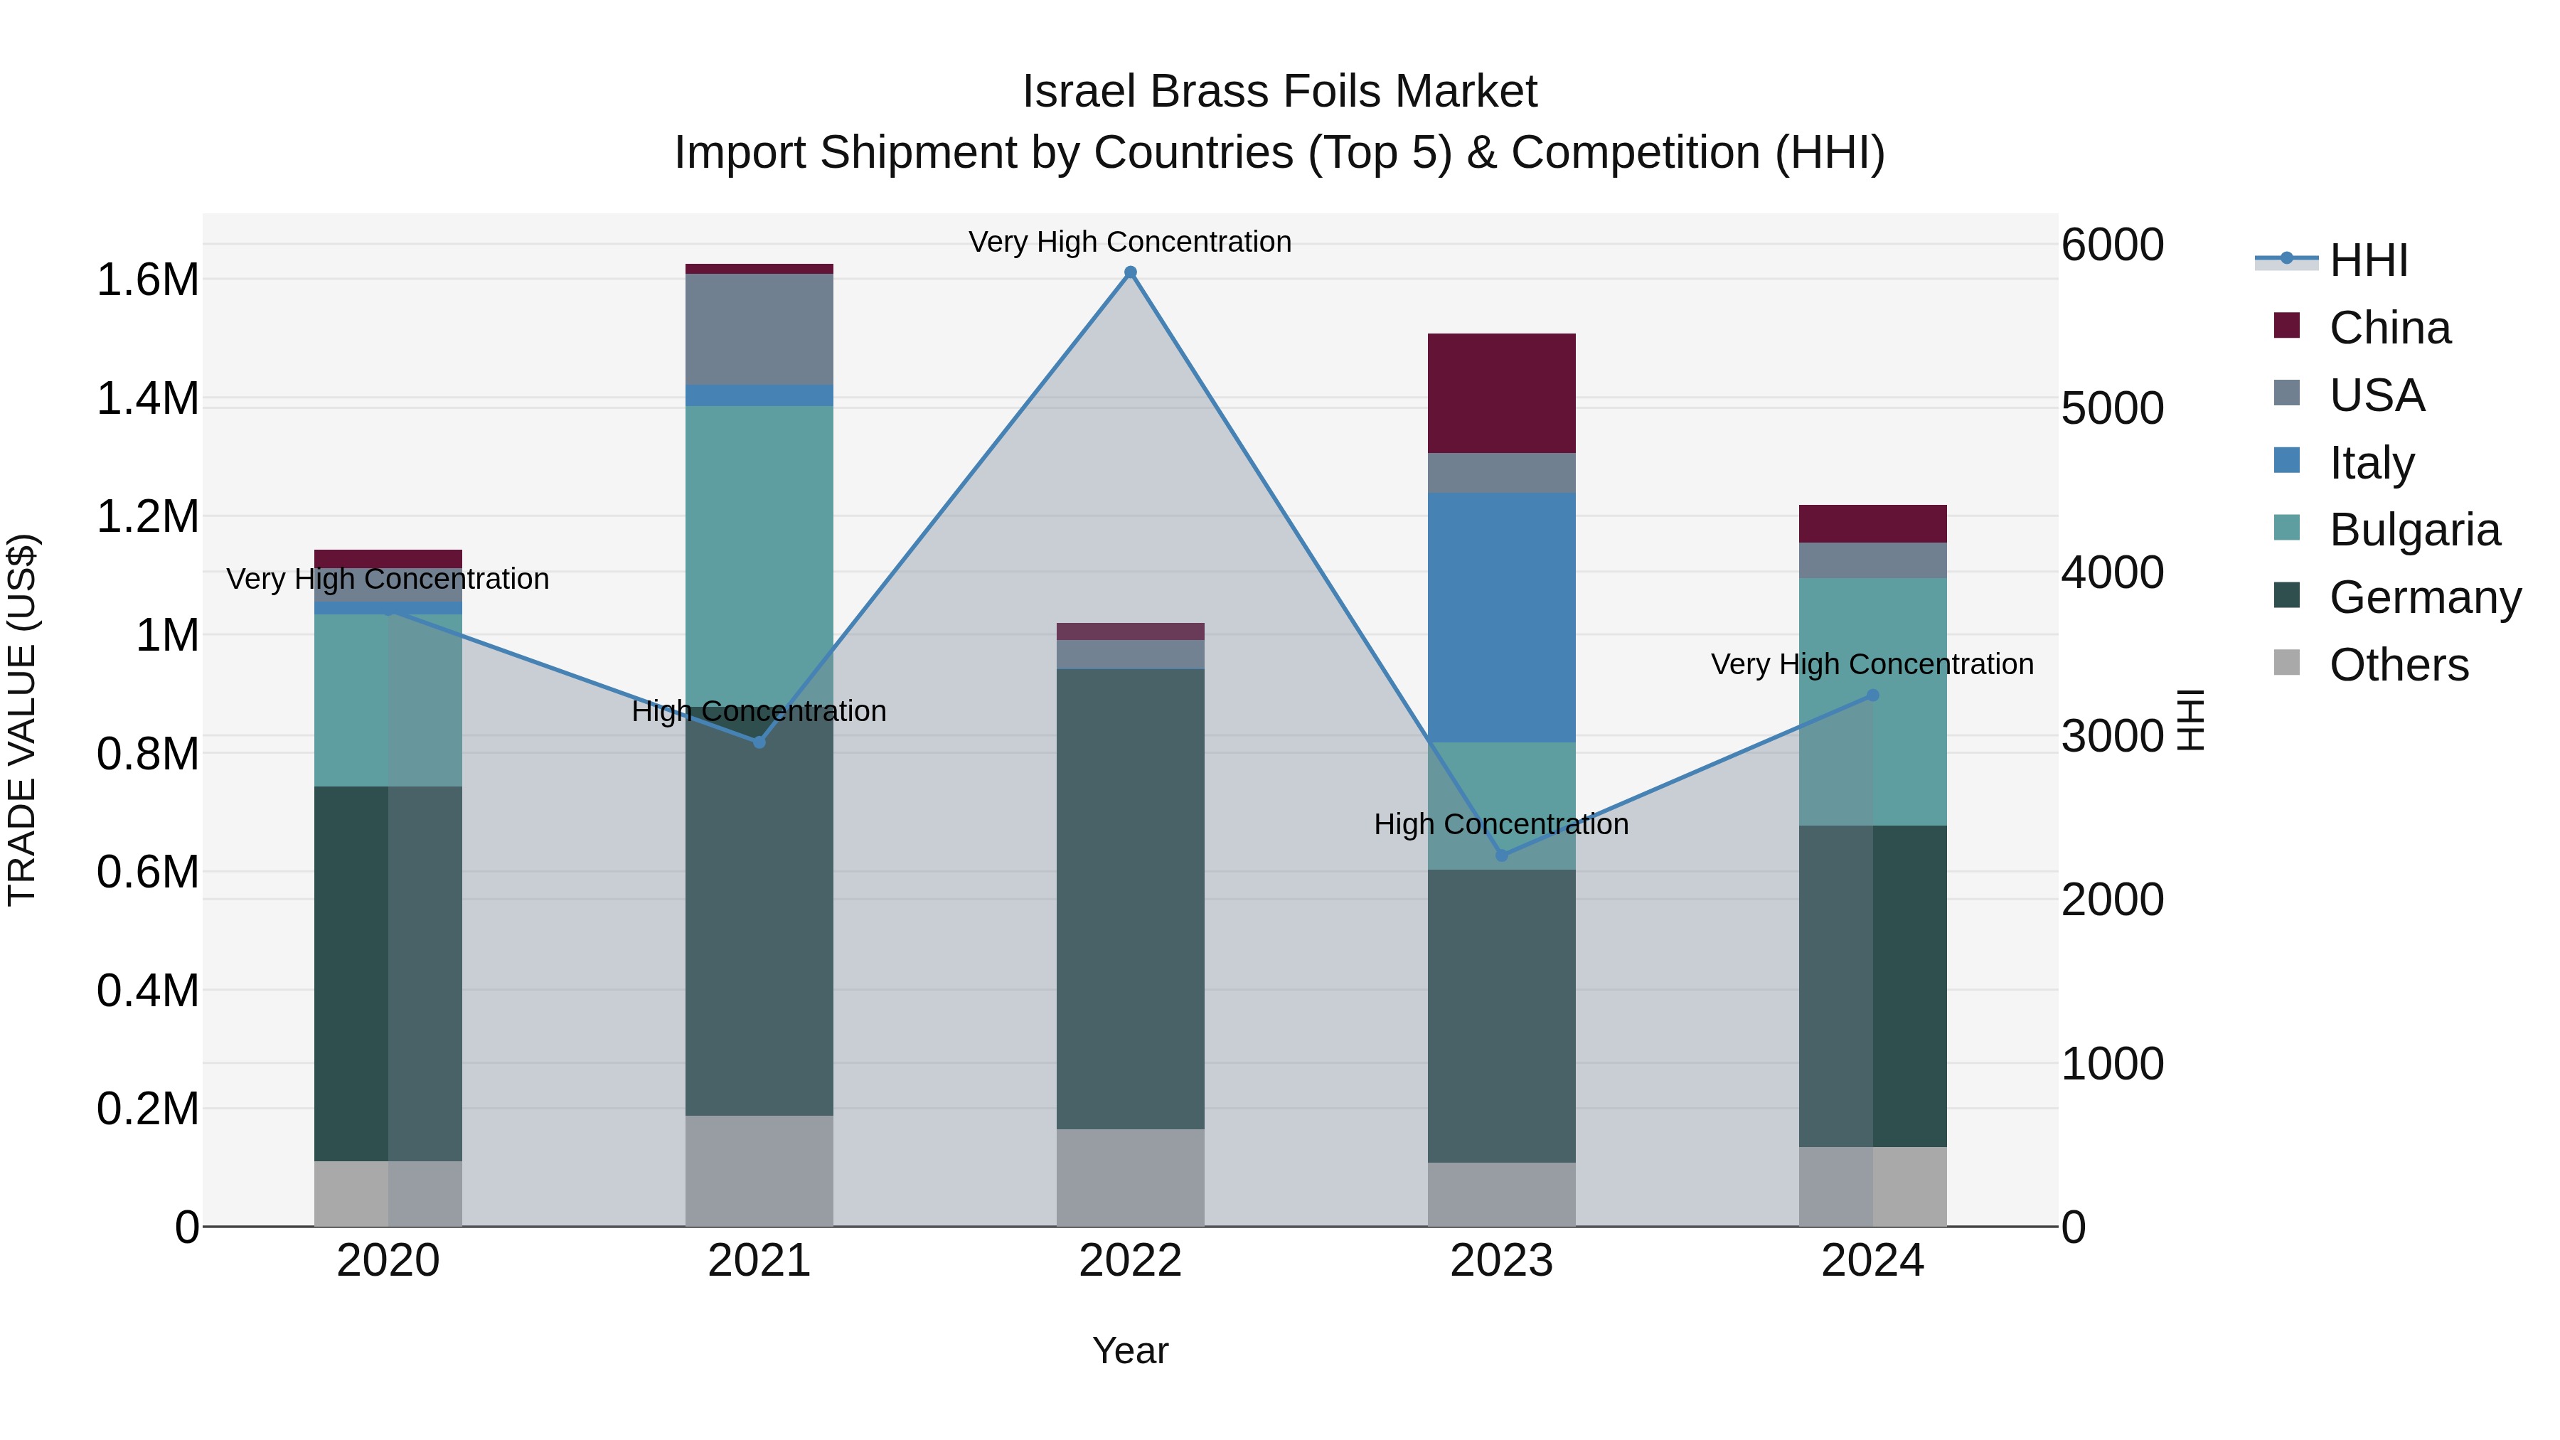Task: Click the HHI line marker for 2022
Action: tap(1130, 272)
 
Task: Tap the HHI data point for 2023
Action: tap(1502, 855)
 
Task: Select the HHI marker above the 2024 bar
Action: tap(1872, 695)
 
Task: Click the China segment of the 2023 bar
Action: tap(1502, 393)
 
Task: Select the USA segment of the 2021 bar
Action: tap(759, 329)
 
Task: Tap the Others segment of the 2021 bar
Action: tap(759, 1170)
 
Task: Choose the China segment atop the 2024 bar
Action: tap(1872, 523)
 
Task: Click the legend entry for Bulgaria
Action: tap(2414, 530)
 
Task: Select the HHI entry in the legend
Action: tap(2368, 260)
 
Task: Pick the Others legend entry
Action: tap(2398, 665)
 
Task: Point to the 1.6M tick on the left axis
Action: tap(147, 280)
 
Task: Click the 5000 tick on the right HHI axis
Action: tap(2112, 408)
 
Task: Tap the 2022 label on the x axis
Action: tap(1130, 1261)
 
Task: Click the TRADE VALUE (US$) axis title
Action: tap(22, 720)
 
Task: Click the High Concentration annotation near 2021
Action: tap(759, 712)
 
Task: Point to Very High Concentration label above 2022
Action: tap(1130, 242)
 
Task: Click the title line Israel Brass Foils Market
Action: tap(1279, 92)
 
